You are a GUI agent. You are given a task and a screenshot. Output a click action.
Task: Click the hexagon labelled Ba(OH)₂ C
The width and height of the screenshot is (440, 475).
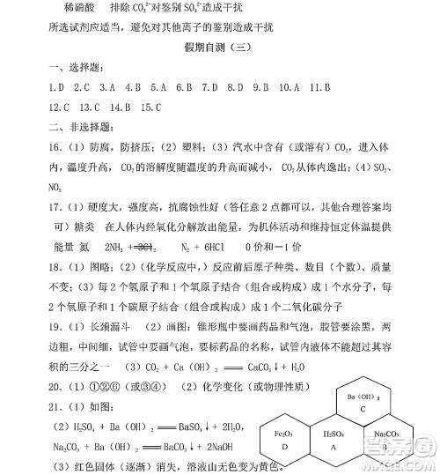pyautogui.click(x=363, y=403)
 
